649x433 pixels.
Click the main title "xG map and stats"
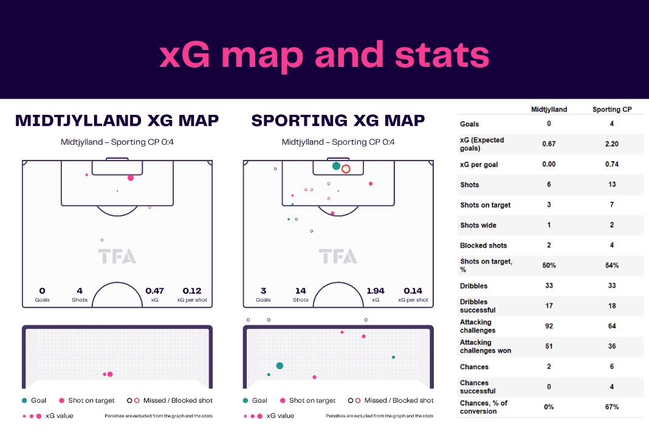tap(324, 55)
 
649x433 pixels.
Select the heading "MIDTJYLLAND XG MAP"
tap(117, 120)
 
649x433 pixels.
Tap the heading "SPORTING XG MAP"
tap(338, 120)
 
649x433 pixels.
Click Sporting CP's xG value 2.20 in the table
tap(612, 144)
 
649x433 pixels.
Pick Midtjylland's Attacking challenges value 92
tap(549, 326)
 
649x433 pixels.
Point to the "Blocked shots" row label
tap(484, 245)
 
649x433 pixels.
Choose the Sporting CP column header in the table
tap(612, 109)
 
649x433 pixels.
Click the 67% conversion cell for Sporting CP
tap(612, 407)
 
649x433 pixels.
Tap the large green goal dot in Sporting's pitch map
tap(337, 166)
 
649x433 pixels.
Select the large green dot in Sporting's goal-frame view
tap(280, 366)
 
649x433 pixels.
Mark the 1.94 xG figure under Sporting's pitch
tap(376, 291)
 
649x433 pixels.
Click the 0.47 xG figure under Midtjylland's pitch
tap(154, 291)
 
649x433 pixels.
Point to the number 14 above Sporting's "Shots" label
tap(301, 291)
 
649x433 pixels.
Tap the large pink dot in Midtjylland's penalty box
tap(131, 178)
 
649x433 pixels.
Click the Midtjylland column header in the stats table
tap(549, 109)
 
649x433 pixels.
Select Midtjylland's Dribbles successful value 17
tap(549, 306)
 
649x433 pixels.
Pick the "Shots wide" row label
tap(478, 225)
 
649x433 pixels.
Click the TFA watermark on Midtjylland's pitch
tap(117, 257)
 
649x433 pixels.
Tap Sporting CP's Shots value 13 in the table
tap(612, 184)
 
